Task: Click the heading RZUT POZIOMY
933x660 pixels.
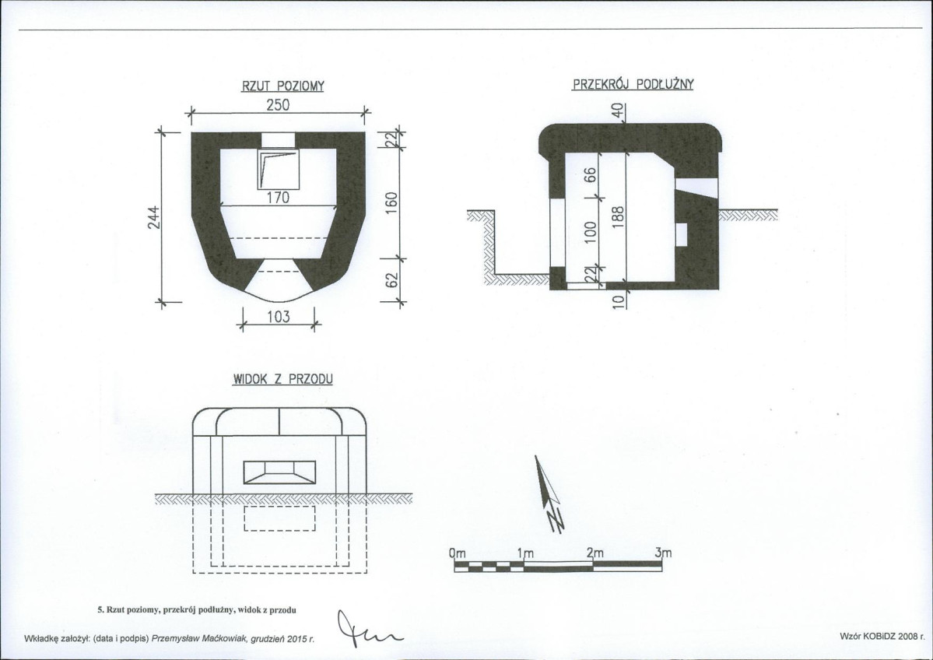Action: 282,87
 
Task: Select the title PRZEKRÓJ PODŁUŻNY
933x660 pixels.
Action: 633,84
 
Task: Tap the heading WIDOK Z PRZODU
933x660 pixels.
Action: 282,379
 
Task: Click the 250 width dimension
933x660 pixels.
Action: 278,105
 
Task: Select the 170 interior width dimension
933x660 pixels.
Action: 278,198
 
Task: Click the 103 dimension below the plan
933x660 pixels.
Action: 278,317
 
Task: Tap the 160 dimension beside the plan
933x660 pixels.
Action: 392,204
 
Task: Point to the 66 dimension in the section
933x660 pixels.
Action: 591,176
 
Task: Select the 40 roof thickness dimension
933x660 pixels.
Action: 618,111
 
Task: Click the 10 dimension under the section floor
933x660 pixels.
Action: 619,302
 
